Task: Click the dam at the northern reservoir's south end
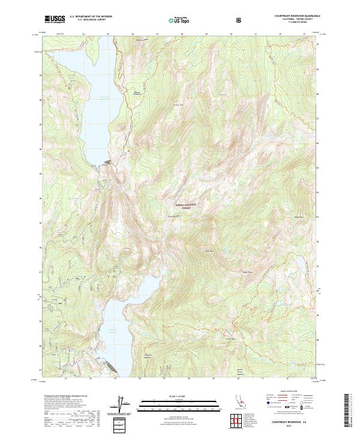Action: pos(107,163)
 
